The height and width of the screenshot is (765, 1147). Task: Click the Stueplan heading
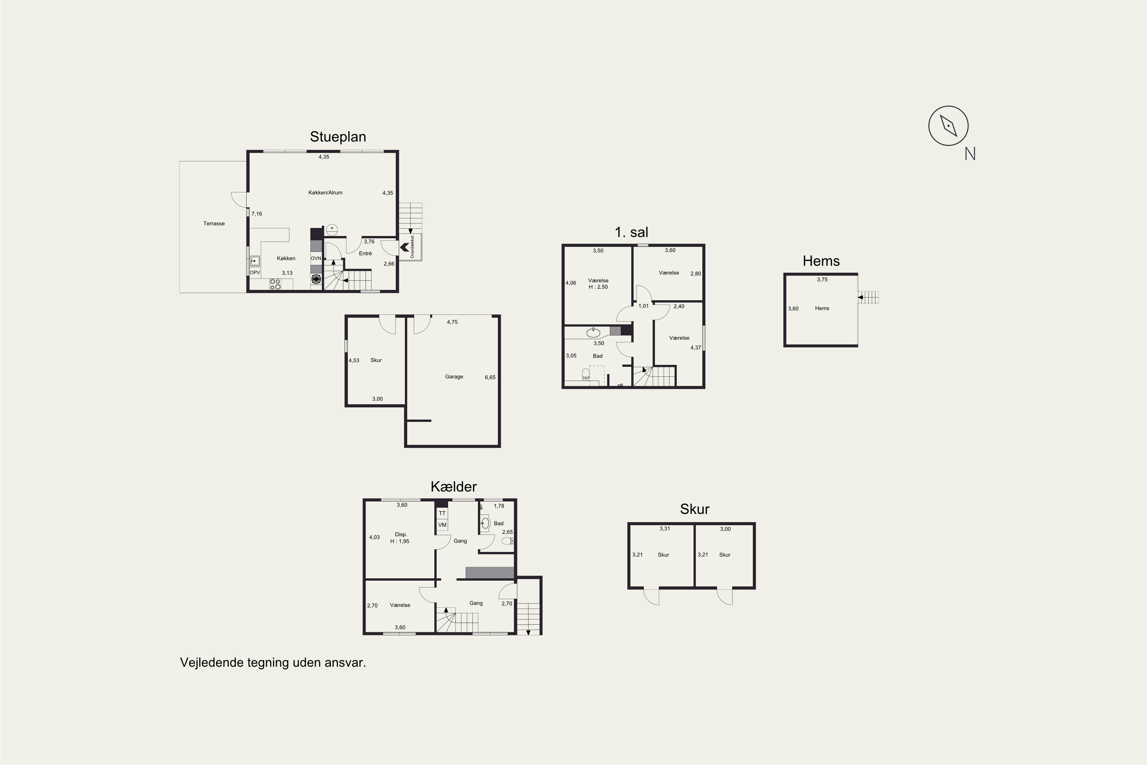pyautogui.click(x=338, y=137)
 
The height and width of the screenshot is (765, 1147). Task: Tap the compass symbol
pyautogui.click(x=948, y=126)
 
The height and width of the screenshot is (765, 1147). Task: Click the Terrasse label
pyautogui.click(x=214, y=223)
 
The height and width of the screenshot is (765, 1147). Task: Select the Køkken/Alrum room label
pyautogui.click(x=325, y=193)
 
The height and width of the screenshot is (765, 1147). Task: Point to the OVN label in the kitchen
pyautogui.click(x=316, y=258)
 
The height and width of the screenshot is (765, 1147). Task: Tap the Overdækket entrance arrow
pyautogui.click(x=404, y=248)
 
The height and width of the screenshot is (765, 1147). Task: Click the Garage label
pyautogui.click(x=454, y=377)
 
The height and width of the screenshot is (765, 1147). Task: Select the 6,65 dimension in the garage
pyautogui.click(x=490, y=377)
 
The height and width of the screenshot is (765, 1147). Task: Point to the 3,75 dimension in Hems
pyautogui.click(x=822, y=280)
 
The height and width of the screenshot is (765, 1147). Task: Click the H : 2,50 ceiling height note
pyautogui.click(x=598, y=287)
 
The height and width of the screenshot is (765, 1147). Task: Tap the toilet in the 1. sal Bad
pyautogui.click(x=586, y=374)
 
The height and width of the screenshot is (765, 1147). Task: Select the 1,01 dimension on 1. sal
pyautogui.click(x=644, y=306)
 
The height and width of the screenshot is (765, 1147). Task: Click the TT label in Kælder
pyautogui.click(x=442, y=513)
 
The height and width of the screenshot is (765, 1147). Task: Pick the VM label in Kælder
pyautogui.click(x=442, y=525)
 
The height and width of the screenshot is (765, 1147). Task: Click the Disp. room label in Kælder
pyautogui.click(x=401, y=534)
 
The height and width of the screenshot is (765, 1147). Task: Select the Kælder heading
pyautogui.click(x=453, y=487)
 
